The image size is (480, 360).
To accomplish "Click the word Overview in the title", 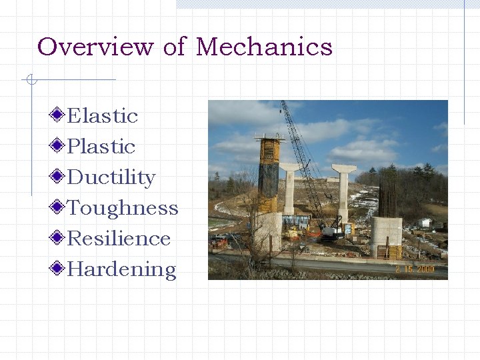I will coord(96,47).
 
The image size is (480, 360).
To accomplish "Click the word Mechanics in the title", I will coord(264,47).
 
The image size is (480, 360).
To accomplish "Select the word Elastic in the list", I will coord(103,115).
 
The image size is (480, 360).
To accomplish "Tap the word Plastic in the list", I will coord(101,146).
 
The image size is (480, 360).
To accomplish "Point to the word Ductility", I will coord(111,177).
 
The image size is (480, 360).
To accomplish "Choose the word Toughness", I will coord(123,208).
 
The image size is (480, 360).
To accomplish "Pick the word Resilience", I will coord(119,238).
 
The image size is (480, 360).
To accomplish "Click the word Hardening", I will coord(122,269).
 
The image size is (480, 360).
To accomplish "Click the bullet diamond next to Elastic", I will coord(59,115).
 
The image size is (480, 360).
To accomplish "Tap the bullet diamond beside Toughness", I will coord(59,207).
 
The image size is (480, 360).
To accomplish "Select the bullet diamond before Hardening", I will coord(59,269).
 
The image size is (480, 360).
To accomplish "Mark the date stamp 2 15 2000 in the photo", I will coord(414,269).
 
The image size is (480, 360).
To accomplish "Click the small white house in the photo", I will coord(424,223).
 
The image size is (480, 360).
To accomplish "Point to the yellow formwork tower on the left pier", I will coord(269,173).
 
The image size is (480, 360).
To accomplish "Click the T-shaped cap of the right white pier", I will coord(343,169).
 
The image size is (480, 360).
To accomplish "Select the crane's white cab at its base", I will coord(329,232).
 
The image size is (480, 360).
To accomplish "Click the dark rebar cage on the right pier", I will coord(387,194).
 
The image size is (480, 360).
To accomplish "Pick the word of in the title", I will coord(174,47).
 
